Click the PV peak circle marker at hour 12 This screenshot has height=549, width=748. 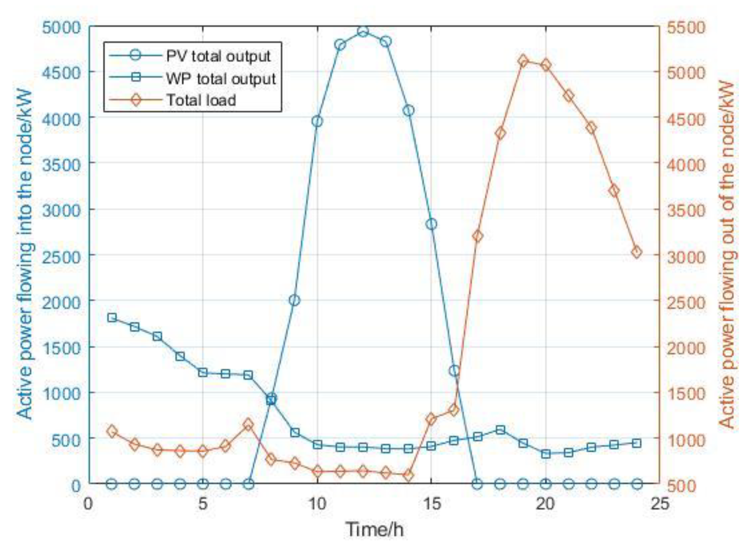(363, 31)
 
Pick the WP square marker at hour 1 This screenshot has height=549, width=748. (112, 318)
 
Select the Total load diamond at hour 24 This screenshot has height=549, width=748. (637, 253)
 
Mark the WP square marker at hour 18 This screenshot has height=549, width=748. (500, 430)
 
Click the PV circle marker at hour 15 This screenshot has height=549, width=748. (431, 224)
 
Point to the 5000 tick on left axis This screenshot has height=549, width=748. (62, 27)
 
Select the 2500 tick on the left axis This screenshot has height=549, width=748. (62, 256)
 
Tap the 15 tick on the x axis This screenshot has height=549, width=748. (431, 504)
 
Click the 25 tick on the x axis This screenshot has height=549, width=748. (659, 504)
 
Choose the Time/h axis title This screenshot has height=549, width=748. (375, 529)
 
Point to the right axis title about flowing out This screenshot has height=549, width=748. (727, 254)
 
